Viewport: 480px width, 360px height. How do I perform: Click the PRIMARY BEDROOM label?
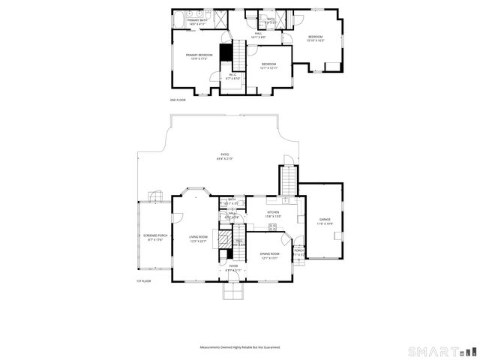pyautogui.click(x=197, y=55)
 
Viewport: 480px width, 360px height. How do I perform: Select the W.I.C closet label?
pyautogui.click(x=232, y=74)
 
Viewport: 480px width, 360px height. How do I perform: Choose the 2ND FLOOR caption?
pyautogui.click(x=177, y=100)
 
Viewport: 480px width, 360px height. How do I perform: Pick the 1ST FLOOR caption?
pyautogui.click(x=143, y=281)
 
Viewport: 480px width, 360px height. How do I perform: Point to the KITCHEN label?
pyautogui.click(x=273, y=213)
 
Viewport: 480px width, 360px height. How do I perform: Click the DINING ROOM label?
pyautogui.click(x=269, y=254)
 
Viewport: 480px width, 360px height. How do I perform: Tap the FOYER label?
pyautogui.click(x=233, y=265)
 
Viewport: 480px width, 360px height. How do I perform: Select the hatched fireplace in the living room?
pyautogui.click(x=225, y=239)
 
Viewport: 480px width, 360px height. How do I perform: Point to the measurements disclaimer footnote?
pyautogui.click(x=239, y=347)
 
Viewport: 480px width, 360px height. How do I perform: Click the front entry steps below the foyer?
pyautogui.click(x=233, y=290)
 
